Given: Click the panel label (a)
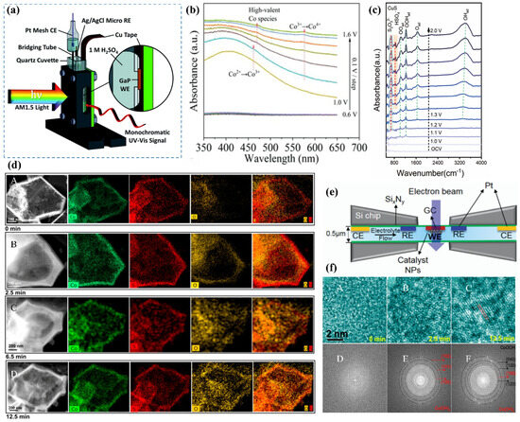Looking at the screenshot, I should click(10, 10).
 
